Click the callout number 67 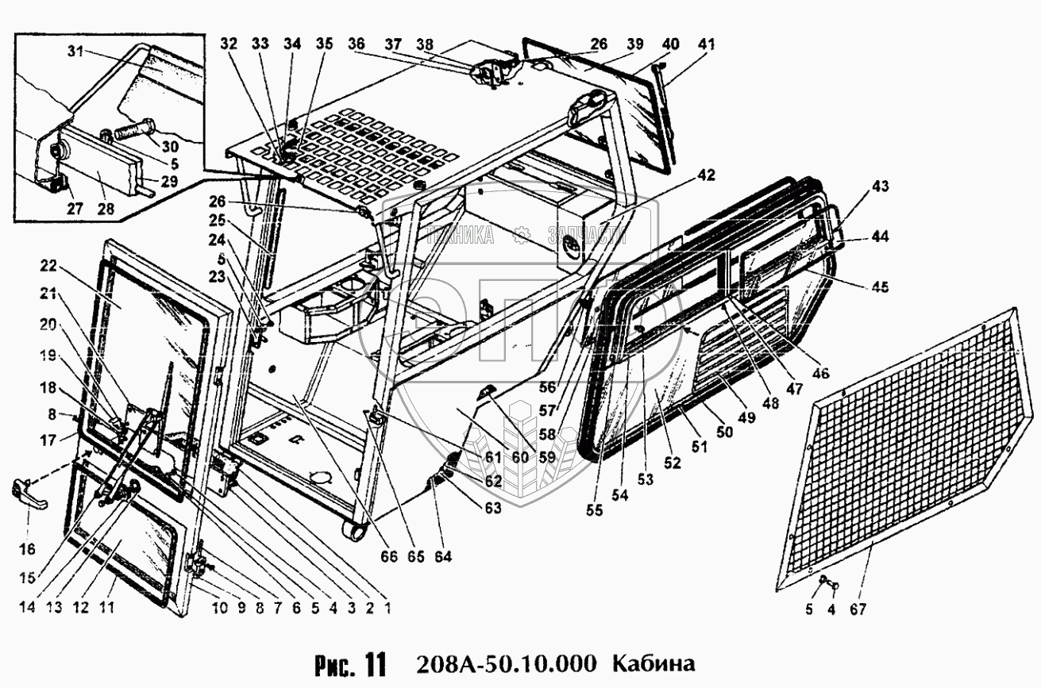(x=857, y=609)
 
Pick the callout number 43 (x=879, y=186)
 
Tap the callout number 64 (x=442, y=557)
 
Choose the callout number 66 (x=388, y=557)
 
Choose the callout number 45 (x=878, y=287)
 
